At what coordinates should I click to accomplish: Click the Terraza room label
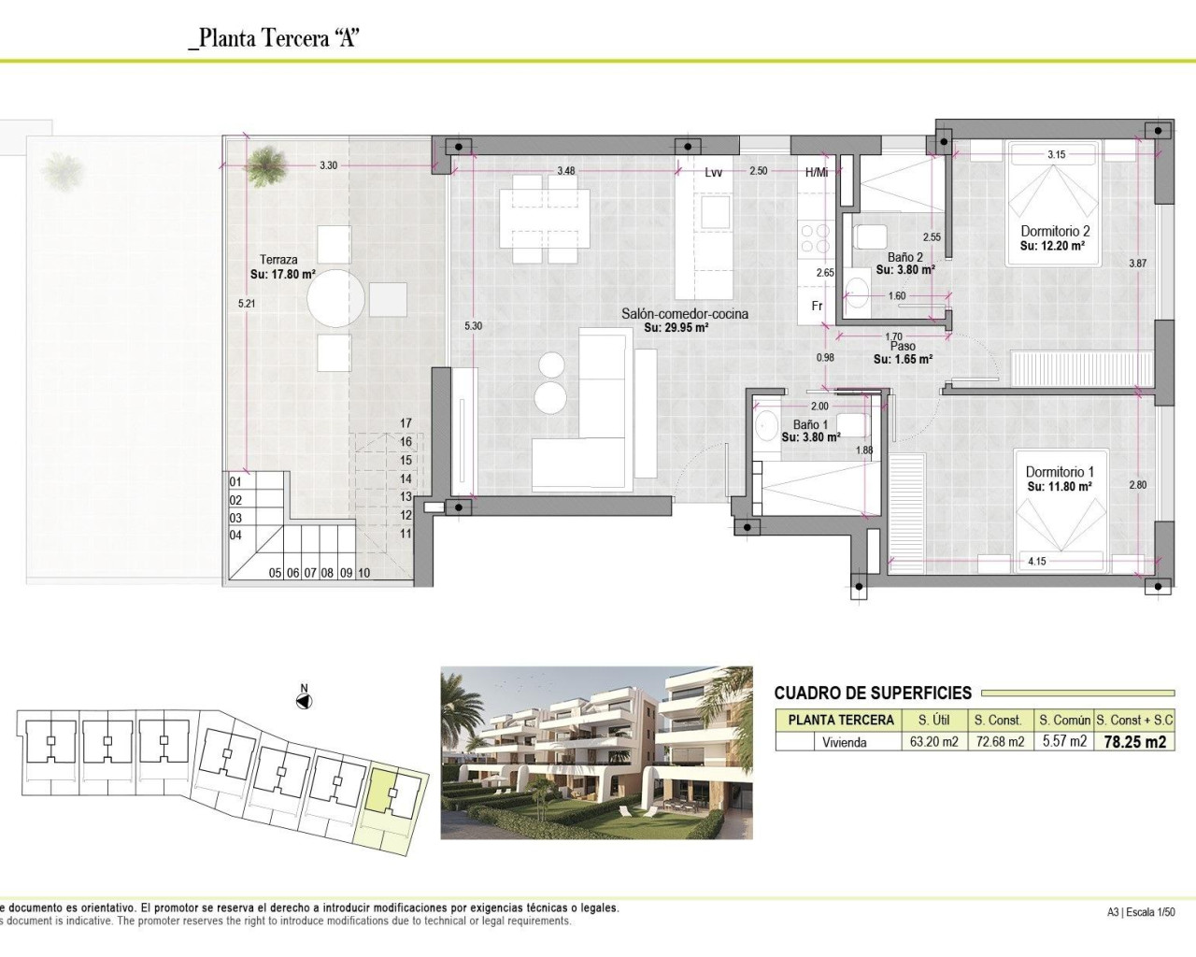278,260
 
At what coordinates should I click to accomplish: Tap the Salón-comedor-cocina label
685,314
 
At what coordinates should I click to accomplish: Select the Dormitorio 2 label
1055,231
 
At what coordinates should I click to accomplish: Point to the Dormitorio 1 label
1060,472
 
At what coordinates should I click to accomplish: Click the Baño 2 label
905,257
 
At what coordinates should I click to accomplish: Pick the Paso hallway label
903,347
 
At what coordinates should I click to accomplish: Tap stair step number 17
406,423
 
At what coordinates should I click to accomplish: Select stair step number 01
235,482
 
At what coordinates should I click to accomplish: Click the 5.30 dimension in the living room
474,326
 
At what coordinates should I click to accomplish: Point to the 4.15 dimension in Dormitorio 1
1037,562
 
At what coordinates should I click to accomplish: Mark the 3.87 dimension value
1137,264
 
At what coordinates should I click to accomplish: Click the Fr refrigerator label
817,306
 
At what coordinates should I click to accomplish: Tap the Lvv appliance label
714,172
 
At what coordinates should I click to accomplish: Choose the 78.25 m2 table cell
1134,742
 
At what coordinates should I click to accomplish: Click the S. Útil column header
934,720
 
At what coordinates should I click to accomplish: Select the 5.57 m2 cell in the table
1064,742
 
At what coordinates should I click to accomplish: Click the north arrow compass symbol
304,701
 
